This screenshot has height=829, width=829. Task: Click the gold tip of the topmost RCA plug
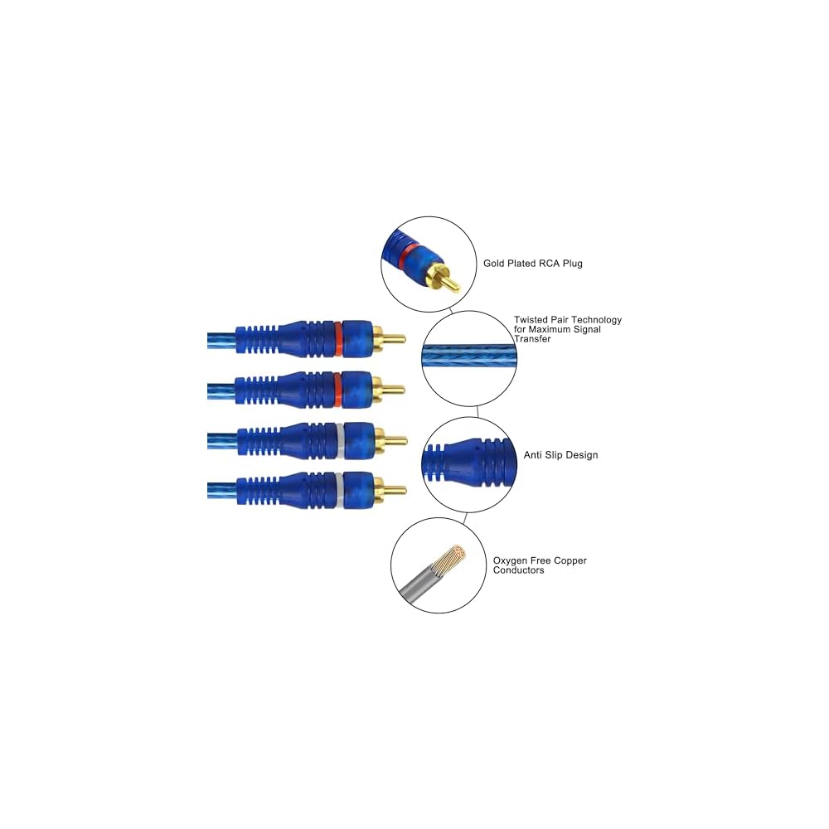point(394,338)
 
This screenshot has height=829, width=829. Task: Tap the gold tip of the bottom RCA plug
point(395,490)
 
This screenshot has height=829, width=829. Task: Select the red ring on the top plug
point(339,338)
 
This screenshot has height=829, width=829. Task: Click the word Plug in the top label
point(572,264)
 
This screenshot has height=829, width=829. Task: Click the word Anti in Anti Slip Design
point(533,455)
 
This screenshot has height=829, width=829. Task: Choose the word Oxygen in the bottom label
point(511,561)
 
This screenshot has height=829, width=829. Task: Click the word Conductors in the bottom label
point(519,570)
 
